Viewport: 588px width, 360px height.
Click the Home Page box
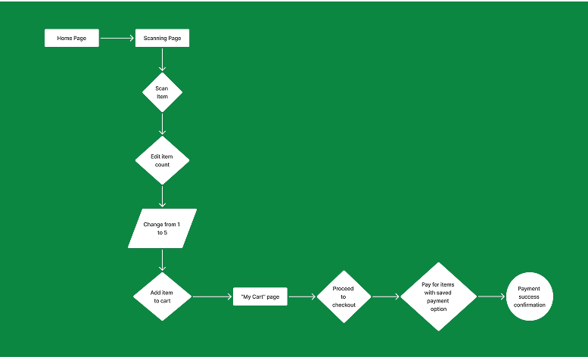click(72, 38)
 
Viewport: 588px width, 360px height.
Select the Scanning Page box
click(163, 38)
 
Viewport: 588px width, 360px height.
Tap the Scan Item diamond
click(163, 92)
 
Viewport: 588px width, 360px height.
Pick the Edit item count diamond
click(163, 160)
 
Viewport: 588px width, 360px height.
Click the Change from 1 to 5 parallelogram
click(163, 228)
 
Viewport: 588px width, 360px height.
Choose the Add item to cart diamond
click(163, 296)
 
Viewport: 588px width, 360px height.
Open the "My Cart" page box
click(260, 296)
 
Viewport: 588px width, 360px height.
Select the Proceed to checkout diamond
click(344, 296)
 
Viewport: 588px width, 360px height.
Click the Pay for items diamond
click(438, 296)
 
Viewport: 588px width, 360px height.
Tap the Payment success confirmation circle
click(530, 296)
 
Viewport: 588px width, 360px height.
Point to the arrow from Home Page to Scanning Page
click(117, 38)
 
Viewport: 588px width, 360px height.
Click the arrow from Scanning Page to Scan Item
click(163, 60)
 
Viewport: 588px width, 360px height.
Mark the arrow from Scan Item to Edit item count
click(163, 124)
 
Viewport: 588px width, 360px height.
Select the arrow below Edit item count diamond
click(163, 197)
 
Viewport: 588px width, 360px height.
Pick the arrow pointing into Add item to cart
click(163, 260)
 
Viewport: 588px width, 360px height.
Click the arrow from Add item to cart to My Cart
click(212, 296)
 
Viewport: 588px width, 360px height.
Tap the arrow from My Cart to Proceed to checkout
click(302, 296)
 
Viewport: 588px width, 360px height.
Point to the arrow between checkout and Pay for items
click(386, 296)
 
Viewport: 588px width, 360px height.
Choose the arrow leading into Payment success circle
click(491, 296)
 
